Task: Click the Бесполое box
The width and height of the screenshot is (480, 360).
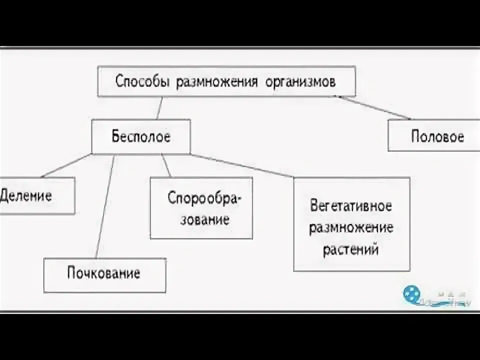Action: click(x=140, y=136)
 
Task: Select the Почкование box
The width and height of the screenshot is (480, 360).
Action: click(x=104, y=274)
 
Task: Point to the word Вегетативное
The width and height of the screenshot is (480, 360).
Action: click(x=350, y=206)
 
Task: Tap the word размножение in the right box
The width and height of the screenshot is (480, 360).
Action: click(x=350, y=228)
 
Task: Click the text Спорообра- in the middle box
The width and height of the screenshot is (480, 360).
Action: click(x=204, y=198)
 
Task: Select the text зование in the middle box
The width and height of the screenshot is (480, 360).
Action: click(x=204, y=219)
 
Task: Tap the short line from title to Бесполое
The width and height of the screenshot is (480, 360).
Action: click(x=159, y=107)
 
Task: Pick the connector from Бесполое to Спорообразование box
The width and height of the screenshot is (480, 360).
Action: click(x=166, y=165)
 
